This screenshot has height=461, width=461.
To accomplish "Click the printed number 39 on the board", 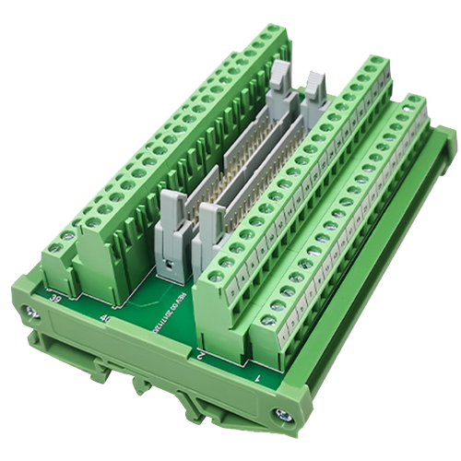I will tap(56, 298).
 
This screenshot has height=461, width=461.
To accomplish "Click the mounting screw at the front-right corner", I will tap(283, 415).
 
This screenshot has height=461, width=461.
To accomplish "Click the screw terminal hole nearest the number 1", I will tap(268, 321).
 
